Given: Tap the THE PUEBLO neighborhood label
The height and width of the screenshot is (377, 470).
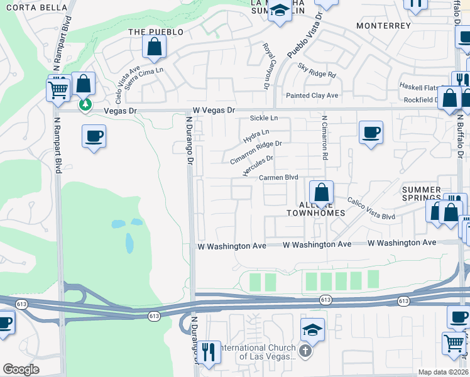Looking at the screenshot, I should pyautogui.click(x=156, y=31).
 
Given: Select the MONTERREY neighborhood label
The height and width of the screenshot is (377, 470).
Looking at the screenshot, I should pyautogui.click(x=383, y=26).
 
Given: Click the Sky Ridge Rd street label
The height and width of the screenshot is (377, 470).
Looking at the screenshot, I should pyautogui.click(x=317, y=70).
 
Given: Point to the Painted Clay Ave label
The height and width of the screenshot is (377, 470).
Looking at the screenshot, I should pyautogui.click(x=313, y=96).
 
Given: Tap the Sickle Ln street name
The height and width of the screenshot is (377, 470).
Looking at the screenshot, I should pyautogui.click(x=263, y=118).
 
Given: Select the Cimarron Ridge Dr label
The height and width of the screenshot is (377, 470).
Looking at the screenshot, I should pyautogui.click(x=256, y=152).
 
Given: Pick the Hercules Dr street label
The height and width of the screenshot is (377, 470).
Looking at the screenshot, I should pyautogui.click(x=258, y=166).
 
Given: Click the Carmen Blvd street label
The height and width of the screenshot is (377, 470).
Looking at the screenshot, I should pyautogui.click(x=278, y=178).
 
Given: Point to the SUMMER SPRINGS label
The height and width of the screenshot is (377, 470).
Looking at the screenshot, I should pyautogui.click(x=421, y=194).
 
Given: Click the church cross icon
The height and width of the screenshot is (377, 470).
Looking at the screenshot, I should pyautogui.click(x=306, y=351).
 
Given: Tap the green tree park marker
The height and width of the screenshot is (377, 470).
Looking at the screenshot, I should pyautogui.click(x=85, y=104).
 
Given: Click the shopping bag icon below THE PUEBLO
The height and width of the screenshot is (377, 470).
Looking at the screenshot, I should pyautogui.click(x=154, y=46).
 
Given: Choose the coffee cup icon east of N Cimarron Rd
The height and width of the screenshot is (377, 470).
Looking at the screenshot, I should pyautogui.click(x=371, y=133).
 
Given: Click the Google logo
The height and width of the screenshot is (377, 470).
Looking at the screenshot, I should pyautogui.click(x=21, y=369).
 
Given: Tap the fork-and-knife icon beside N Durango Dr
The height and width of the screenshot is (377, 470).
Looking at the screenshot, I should pyautogui.click(x=209, y=351).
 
